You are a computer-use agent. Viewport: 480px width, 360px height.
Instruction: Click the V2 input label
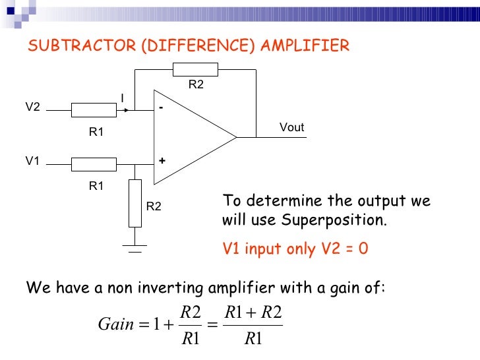32,107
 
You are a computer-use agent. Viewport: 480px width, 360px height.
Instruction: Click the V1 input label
32,160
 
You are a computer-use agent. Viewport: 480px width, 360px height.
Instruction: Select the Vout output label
291,127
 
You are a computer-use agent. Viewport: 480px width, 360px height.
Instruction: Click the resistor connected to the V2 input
94,109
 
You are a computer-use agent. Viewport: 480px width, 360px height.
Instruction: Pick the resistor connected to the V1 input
94,164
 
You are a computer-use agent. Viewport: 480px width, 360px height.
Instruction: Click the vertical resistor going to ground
135,203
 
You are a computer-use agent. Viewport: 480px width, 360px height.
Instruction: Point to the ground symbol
135,247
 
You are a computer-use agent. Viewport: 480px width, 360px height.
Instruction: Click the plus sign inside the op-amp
161,161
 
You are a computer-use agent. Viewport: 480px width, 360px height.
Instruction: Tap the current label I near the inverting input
122,98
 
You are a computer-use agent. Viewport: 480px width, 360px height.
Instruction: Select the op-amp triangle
188,136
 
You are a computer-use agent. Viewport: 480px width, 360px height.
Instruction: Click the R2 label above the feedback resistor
196,84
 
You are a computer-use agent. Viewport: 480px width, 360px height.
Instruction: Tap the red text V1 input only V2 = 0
295,249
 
